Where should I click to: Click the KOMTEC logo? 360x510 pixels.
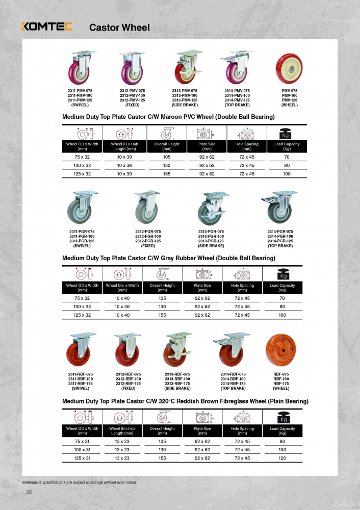[x=46, y=27]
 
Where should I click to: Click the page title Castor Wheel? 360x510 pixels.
[x=119, y=28]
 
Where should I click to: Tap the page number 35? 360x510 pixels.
[x=29, y=492]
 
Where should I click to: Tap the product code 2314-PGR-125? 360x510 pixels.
[x=280, y=241]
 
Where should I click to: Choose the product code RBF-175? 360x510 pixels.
[x=281, y=384]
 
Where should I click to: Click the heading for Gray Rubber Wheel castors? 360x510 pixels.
[x=169, y=258]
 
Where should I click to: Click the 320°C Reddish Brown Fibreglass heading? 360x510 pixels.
[x=185, y=401]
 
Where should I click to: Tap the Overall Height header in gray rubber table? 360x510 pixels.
[x=163, y=288]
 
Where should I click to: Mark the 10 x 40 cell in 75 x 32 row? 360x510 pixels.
[x=122, y=298]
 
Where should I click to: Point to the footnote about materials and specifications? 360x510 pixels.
[x=79, y=482]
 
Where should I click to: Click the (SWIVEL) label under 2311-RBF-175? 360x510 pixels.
[x=80, y=388]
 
